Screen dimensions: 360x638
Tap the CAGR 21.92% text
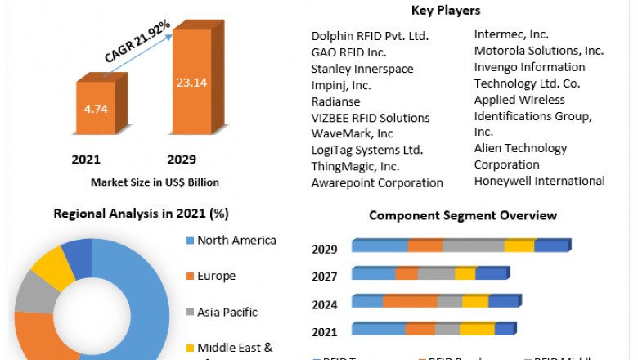click(x=137, y=42)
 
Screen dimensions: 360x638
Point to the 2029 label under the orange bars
click(x=182, y=159)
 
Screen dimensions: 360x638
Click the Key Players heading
click(x=447, y=11)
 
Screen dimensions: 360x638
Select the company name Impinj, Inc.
click(x=341, y=85)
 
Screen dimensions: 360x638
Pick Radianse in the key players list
click(x=335, y=101)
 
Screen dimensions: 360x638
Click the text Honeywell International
click(x=539, y=181)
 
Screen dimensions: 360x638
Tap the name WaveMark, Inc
click(x=352, y=133)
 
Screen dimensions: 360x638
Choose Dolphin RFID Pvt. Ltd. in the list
click(x=370, y=36)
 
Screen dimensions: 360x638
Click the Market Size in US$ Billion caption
click(x=155, y=182)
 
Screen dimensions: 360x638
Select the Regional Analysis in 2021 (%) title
click(x=141, y=214)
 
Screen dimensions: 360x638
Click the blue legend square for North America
click(x=190, y=241)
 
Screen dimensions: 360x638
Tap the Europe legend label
click(x=216, y=276)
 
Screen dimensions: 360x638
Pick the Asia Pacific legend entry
click(x=227, y=312)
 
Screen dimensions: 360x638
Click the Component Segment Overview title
click(x=463, y=215)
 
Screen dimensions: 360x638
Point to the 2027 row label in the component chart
click(x=325, y=277)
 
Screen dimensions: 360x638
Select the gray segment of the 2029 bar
click(x=473, y=246)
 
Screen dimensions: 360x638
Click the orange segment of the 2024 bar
click(x=410, y=302)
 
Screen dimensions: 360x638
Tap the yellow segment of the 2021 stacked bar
click(x=477, y=329)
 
